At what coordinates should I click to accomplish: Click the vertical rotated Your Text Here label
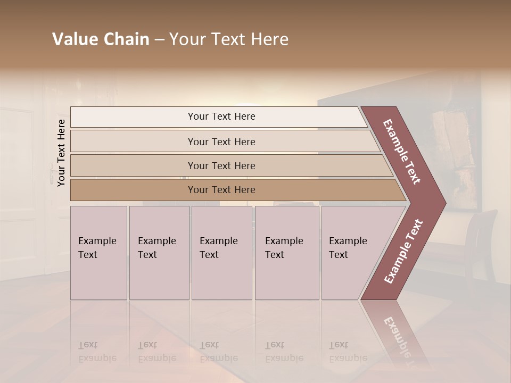click(61, 153)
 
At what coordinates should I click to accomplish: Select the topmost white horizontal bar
click(218, 116)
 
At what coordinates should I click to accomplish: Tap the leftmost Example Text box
click(98, 253)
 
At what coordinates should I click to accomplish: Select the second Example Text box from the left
click(159, 253)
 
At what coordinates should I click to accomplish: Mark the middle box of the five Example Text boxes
click(221, 253)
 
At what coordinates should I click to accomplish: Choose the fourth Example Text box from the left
click(287, 253)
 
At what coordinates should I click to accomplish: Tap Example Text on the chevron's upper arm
click(402, 152)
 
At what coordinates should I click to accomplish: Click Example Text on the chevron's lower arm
click(403, 251)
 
